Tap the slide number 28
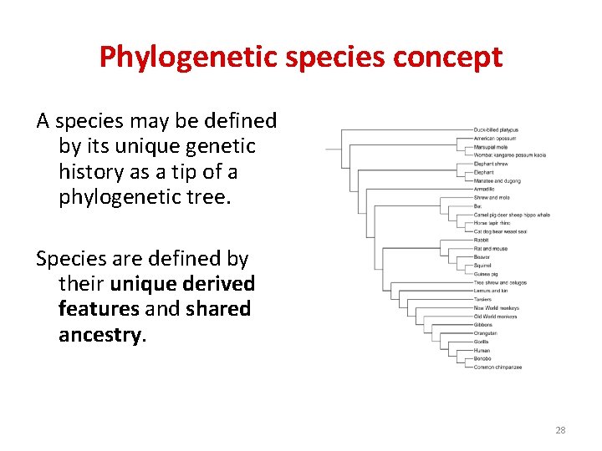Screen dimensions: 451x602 tap(560, 430)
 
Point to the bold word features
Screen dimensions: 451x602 tap(99, 309)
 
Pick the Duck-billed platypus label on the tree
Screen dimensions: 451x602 tap(496, 129)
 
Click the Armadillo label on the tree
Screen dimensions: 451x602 tap(485, 189)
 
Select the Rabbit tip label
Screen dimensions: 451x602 tap(482, 240)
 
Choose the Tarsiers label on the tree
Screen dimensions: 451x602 tap(484, 299)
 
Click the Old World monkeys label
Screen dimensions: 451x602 tap(495, 317)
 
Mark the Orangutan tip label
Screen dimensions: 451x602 tap(486, 333)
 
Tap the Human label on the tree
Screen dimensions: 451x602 tap(482, 350)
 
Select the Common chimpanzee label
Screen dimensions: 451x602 tap(497, 367)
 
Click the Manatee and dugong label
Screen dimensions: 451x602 tap(497, 180)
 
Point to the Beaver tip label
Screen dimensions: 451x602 tap(482, 257)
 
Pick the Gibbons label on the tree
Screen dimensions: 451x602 tap(484, 325)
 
